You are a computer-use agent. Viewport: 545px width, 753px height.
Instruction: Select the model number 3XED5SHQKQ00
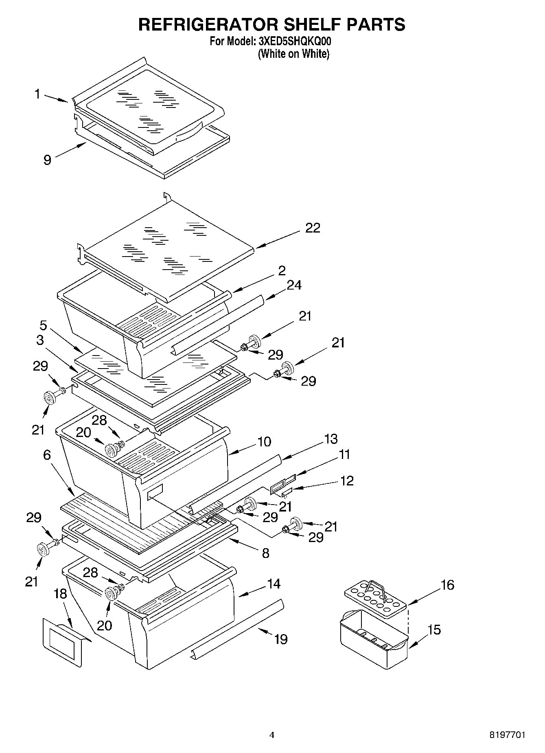294,41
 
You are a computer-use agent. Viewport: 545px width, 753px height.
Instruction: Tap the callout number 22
313,228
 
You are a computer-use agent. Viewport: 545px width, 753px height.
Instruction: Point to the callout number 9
47,160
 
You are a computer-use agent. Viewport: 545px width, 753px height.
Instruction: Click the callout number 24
294,285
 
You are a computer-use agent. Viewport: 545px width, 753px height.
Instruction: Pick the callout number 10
265,442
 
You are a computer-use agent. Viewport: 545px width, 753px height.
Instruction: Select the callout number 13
331,439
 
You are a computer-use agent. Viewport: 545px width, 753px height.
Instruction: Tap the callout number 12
347,481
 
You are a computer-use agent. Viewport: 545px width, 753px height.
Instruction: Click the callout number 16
447,585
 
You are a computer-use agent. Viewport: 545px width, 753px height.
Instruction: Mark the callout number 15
434,630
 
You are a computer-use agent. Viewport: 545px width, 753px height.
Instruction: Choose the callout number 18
60,594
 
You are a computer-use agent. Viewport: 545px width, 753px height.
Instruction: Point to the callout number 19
280,639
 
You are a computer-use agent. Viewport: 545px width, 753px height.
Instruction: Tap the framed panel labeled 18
63,641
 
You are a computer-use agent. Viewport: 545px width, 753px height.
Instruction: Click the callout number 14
274,584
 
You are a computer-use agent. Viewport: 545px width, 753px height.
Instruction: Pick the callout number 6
47,455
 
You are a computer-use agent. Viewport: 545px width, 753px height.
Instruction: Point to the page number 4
272,735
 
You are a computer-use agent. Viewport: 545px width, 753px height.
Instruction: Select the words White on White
293,54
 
